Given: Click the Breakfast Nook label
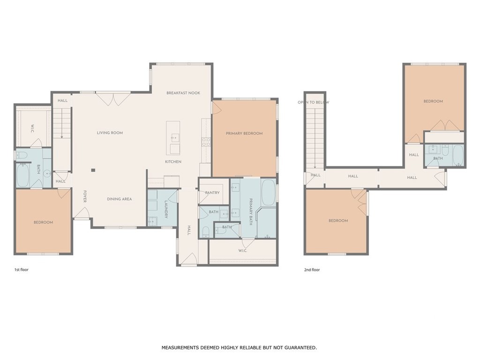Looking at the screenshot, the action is click(183, 93).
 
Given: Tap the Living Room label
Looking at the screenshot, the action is click(110, 133).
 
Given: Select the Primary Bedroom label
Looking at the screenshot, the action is click(244, 134).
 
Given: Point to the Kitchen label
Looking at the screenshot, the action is click(173, 162).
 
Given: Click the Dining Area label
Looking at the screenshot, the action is click(120, 199).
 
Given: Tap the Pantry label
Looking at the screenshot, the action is click(212, 193).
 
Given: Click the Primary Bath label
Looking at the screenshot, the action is click(251, 212).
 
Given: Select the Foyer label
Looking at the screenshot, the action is click(85, 196).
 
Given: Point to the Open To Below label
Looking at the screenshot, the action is click(314, 102).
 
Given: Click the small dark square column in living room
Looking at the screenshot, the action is click(93, 170).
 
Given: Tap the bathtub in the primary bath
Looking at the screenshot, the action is click(269, 193).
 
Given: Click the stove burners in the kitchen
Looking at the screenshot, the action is click(206, 142).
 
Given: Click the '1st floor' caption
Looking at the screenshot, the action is click(22, 270).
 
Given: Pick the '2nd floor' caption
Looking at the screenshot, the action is click(312, 270).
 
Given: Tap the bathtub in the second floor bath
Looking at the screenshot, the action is click(458, 156).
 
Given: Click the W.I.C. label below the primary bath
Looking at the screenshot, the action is click(243, 251).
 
